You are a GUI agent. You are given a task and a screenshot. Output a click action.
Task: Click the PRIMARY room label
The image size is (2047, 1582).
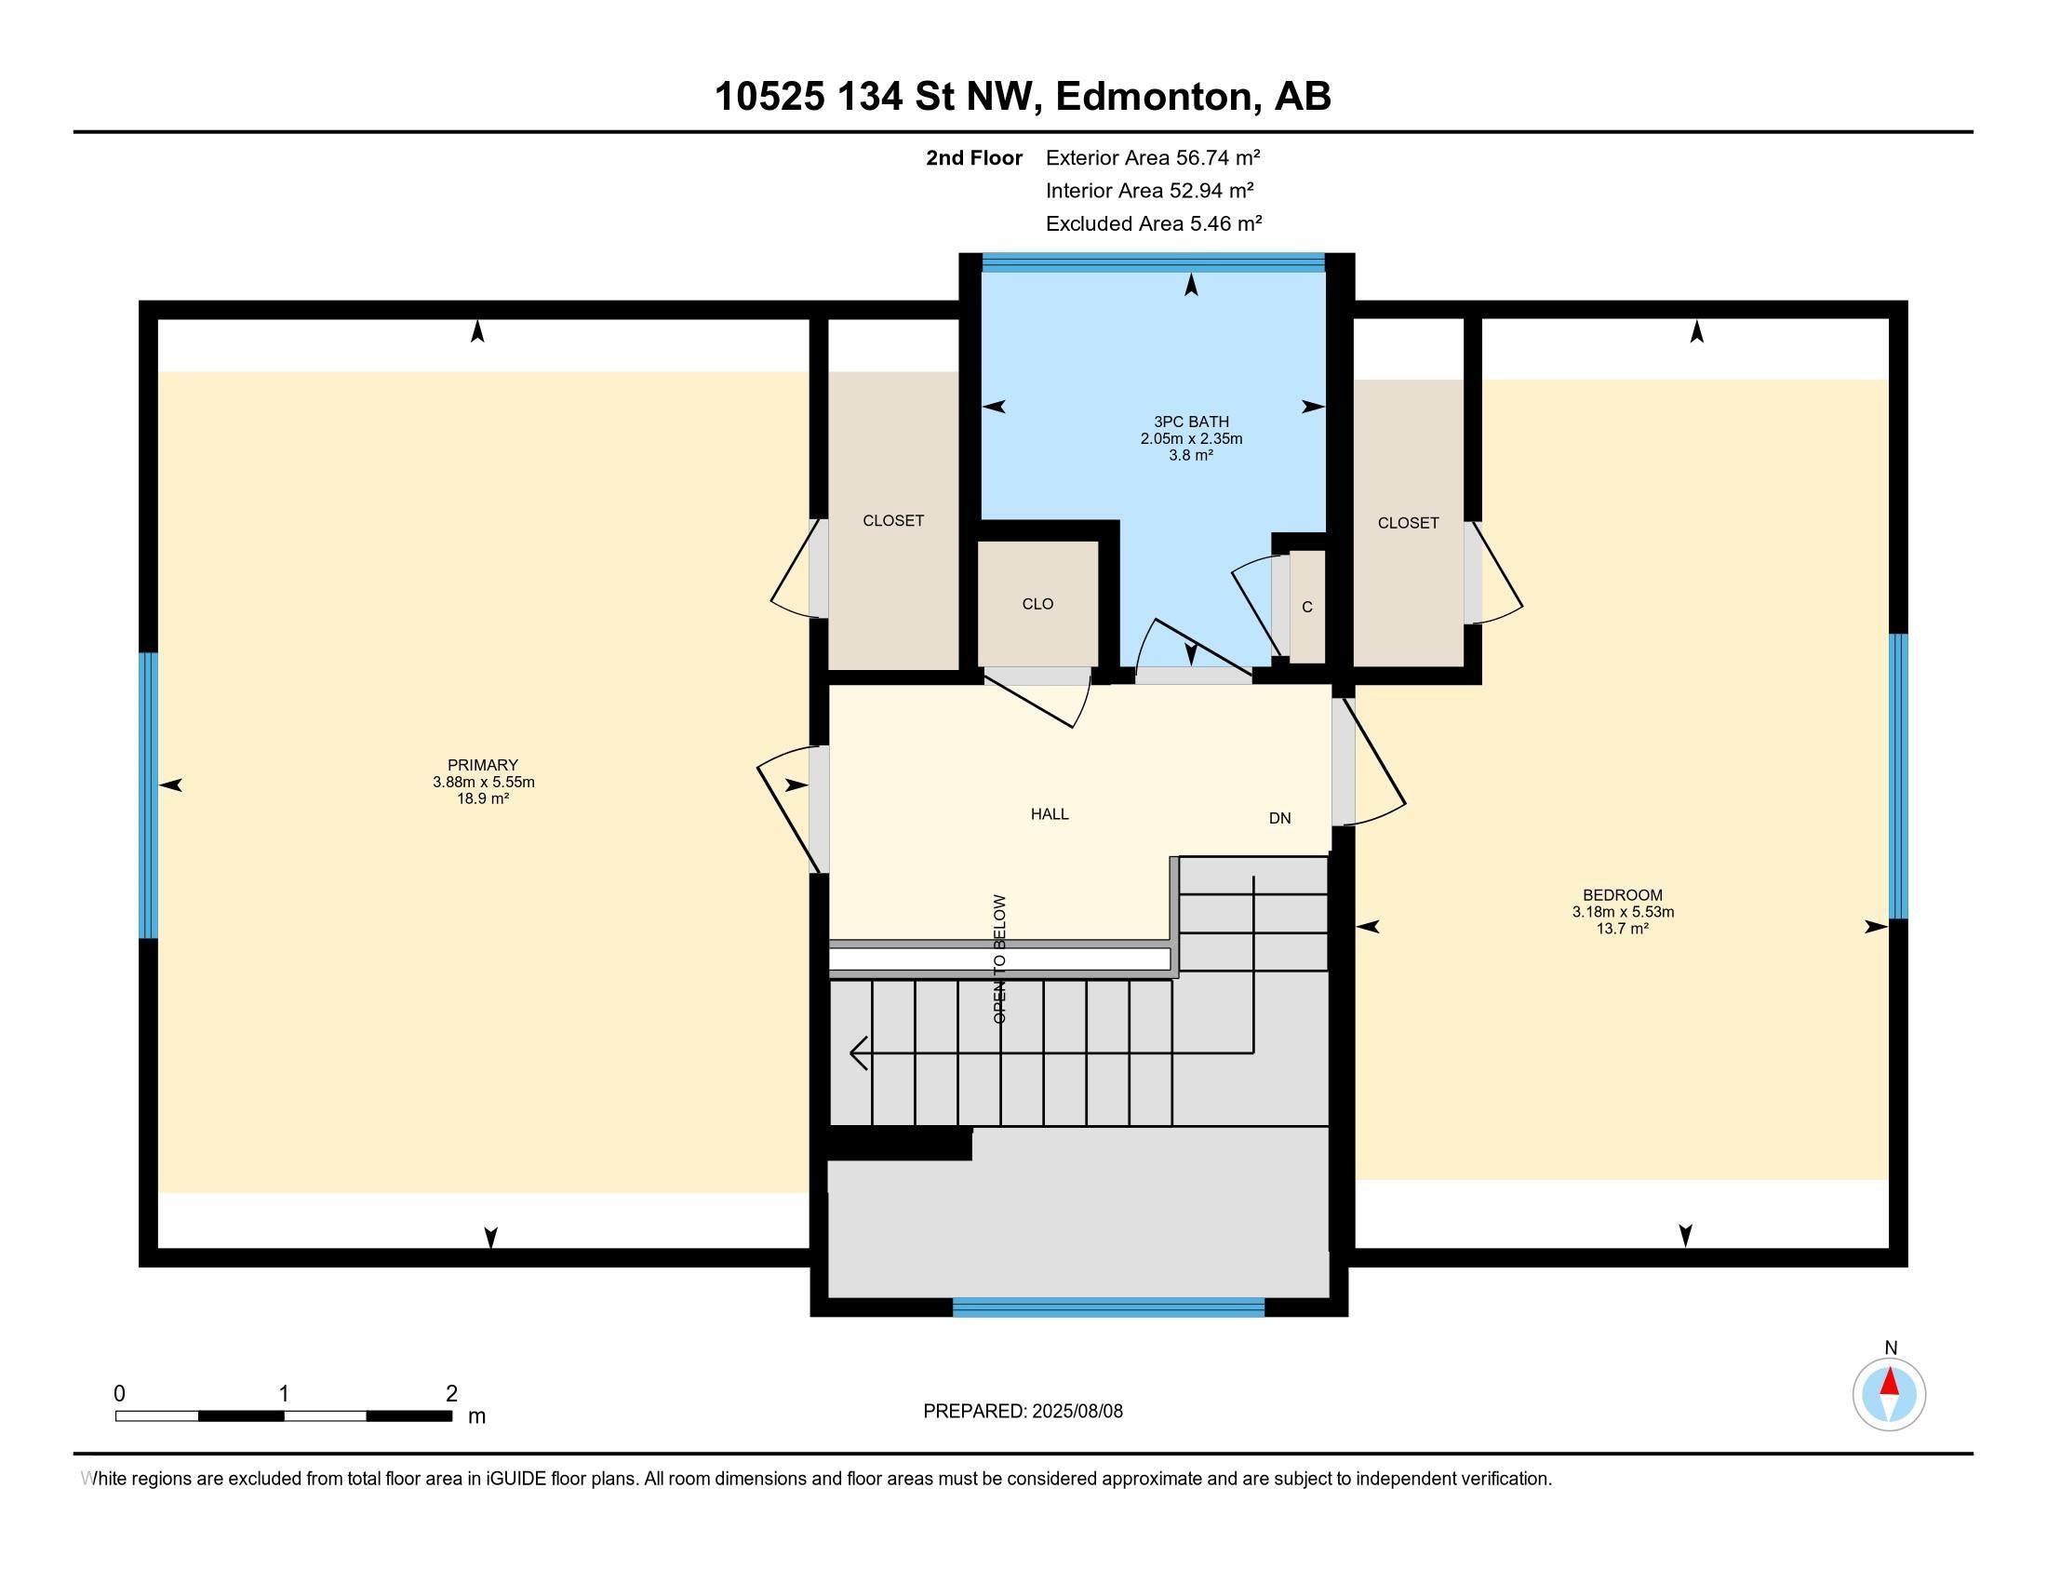[x=483, y=765]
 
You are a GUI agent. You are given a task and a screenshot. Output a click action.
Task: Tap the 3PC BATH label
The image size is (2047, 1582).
[x=1191, y=422]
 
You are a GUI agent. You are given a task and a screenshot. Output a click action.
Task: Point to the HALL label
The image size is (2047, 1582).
[x=1050, y=814]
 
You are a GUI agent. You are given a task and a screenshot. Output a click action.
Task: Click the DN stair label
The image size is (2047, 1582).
[x=1279, y=818]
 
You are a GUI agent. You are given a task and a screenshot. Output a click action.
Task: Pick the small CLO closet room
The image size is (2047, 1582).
[x=1037, y=604]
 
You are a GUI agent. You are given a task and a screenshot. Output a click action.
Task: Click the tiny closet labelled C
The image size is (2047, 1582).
[x=1307, y=607]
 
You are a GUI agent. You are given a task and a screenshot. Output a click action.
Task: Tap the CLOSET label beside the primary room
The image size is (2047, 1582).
[x=893, y=520]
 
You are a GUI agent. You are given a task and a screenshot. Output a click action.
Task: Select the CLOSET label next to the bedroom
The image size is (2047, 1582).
[x=1408, y=523]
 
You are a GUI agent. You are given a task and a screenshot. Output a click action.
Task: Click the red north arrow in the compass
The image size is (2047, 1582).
[x=1890, y=1382]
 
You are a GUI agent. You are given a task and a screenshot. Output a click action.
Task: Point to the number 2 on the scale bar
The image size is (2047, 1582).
[x=452, y=1393]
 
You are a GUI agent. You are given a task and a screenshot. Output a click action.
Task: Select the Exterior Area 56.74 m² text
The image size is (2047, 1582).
[x=1153, y=157]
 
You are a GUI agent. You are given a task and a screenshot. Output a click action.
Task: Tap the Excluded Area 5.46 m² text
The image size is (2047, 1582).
[x=1154, y=223]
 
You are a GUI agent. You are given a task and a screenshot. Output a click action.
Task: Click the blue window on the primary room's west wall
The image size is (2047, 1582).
[x=148, y=795]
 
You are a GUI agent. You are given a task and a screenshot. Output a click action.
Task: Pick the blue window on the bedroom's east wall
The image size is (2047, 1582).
[x=1898, y=776]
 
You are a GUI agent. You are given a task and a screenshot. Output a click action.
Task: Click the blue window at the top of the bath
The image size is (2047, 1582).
[x=1153, y=263]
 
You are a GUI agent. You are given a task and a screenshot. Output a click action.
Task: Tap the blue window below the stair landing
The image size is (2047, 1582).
[x=1109, y=1307]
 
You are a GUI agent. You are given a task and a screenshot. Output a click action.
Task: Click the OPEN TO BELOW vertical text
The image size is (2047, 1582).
[x=999, y=958]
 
